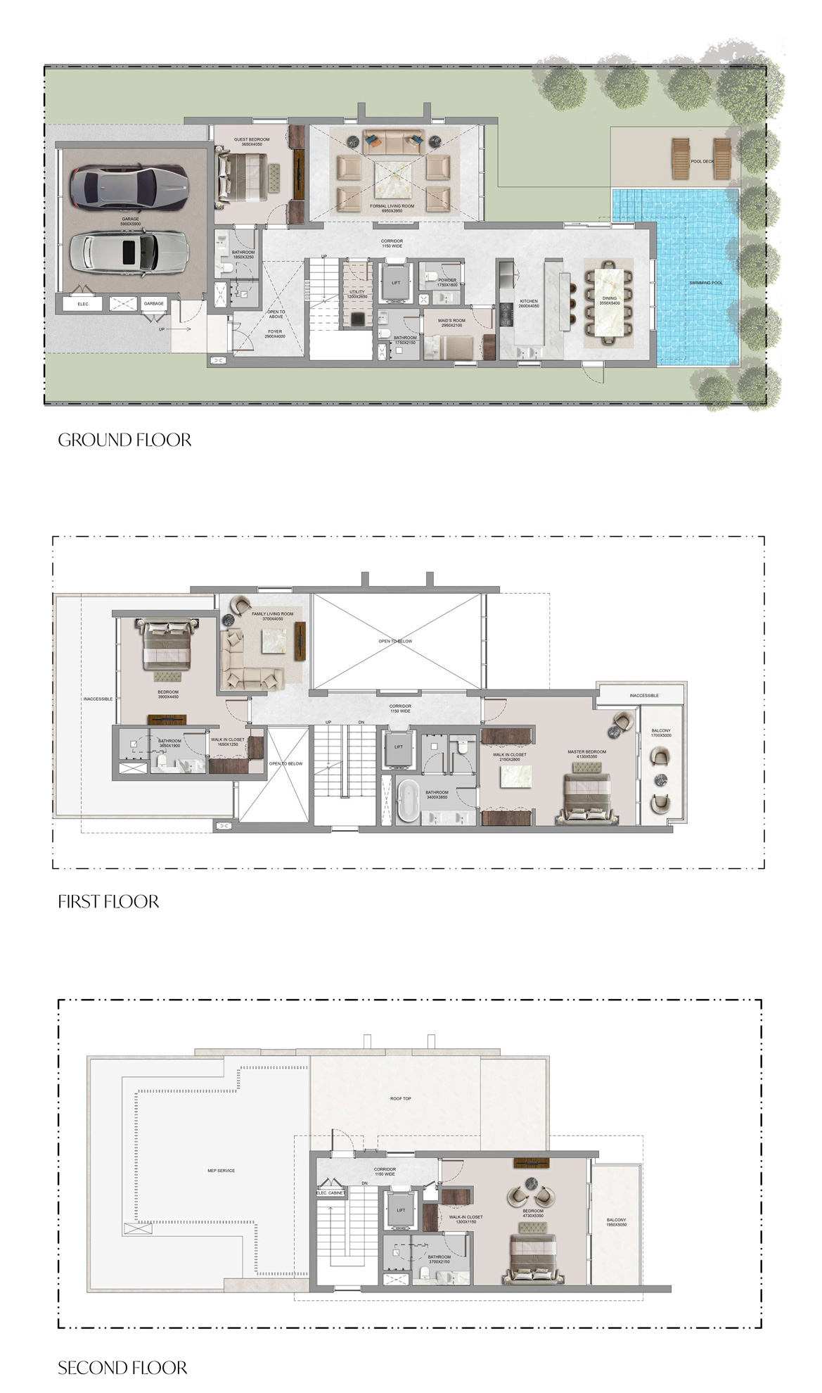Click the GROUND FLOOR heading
[x=124, y=440]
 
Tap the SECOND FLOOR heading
[x=122, y=1368]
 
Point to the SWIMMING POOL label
[x=705, y=283]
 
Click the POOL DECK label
[x=702, y=161]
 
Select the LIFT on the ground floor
[x=396, y=283]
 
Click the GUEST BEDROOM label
[x=252, y=140]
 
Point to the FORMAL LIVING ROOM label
[x=392, y=207]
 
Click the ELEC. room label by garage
[x=83, y=304]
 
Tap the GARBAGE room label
[x=153, y=304]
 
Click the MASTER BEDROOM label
[x=586, y=752]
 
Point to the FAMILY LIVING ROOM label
[x=272, y=614]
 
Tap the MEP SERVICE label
[x=221, y=1171]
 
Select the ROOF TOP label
[x=401, y=1098]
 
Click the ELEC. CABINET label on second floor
[x=330, y=1193]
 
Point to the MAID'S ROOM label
[x=451, y=321]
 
